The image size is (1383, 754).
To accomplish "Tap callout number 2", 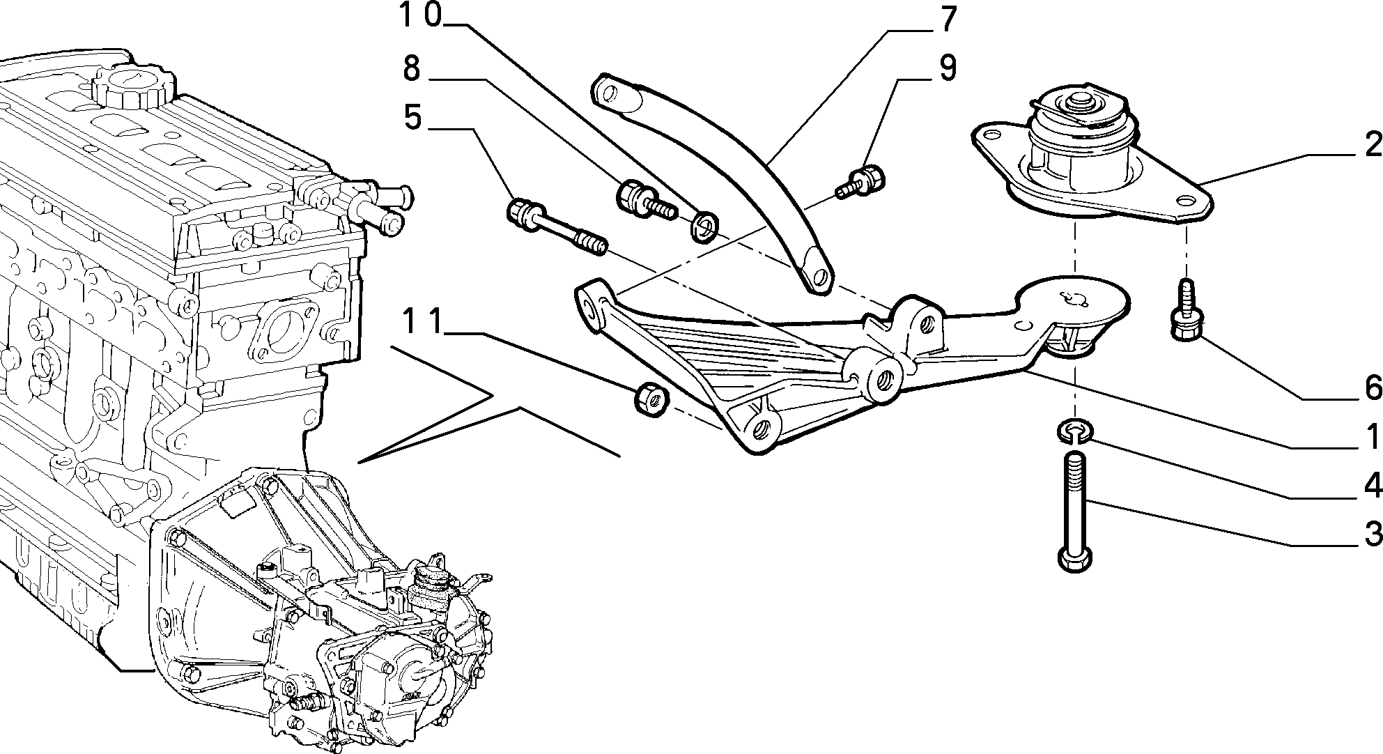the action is pyautogui.click(x=1372, y=145).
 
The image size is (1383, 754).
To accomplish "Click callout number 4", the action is pyautogui.click(x=1372, y=486).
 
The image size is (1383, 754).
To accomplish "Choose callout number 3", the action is pyautogui.click(x=1372, y=535).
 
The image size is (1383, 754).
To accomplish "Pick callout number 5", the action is pyautogui.click(x=413, y=118).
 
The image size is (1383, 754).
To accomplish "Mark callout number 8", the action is pyautogui.click(x=412, y=68).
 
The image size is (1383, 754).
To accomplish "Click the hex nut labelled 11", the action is pyautogui.click(x=653, y=399).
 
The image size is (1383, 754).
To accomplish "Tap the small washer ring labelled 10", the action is pyautogui.click(x=705, y=226).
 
